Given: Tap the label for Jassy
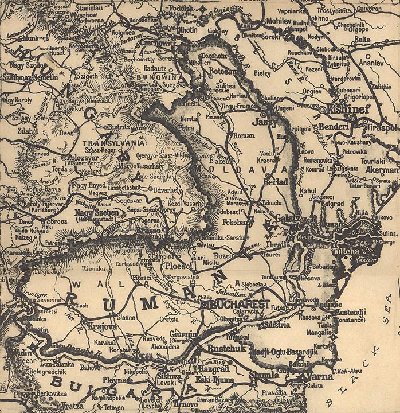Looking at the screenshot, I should [264, 122].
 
